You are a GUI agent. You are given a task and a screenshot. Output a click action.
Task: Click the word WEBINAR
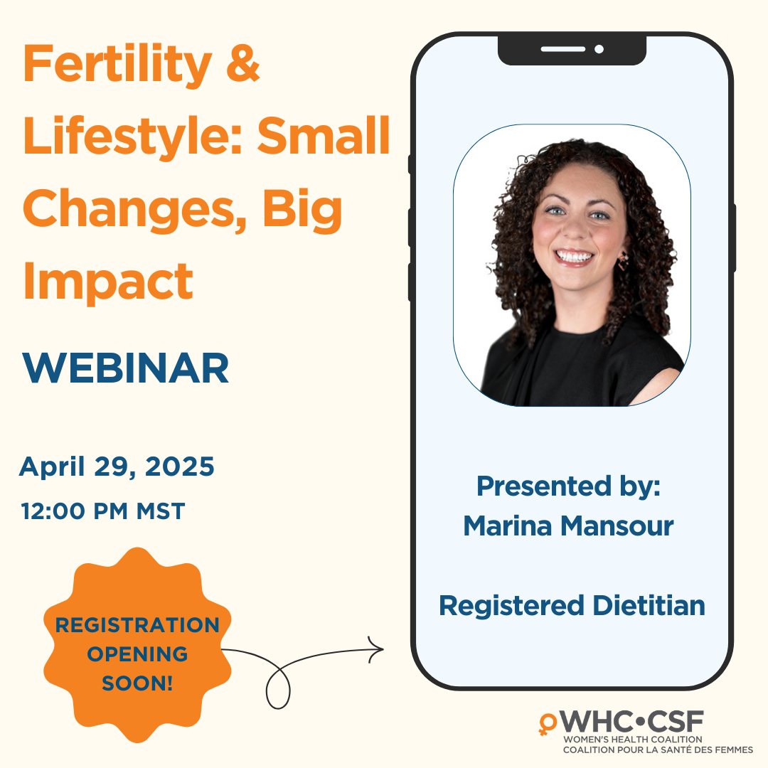coord(125,368)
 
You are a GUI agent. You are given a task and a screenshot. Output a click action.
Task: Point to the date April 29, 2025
coord(117,467)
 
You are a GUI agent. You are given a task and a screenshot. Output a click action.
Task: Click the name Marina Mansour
coord(568,526)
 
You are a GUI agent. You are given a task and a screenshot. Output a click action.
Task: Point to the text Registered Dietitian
coord(572,605)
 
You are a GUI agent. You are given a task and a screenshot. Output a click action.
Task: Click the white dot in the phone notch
coord(599,49)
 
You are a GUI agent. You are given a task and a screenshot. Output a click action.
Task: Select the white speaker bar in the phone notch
coord(562,49)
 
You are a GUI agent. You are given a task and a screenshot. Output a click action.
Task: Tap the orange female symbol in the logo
coord(548,723)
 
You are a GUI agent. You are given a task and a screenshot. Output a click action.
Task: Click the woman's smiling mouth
coord(573,256)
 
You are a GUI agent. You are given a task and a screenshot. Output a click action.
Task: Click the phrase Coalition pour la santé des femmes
coord(658,750)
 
